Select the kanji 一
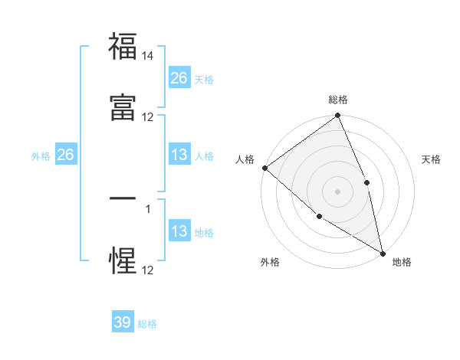click(123, 198)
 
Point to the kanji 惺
click(123, 260)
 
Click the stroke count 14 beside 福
click(148, 56)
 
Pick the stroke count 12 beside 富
click(148, 117)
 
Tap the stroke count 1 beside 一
click(148, 208)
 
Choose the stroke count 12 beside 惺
click(148, 270)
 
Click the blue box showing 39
click(123, 322)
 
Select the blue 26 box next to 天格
click(179, 78)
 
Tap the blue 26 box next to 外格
click(65, 155)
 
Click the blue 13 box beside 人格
click(179, 155)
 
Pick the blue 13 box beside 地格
click(179, 232)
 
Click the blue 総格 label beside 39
click(147, 324)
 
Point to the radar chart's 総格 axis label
click(337, 100)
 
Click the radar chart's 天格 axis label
click(431, 159)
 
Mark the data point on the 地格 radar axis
click(383, 253)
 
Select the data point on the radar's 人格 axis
click(264, 168)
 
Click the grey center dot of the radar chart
click(337, 191)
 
